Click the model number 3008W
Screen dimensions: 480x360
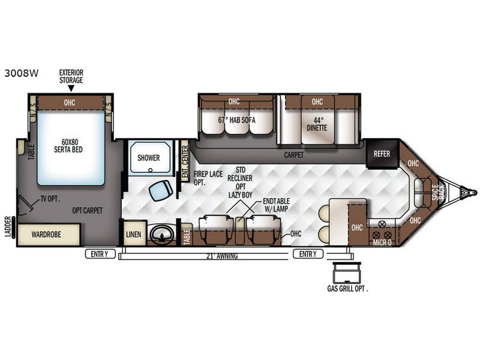22,73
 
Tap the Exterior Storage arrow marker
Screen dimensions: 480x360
71,88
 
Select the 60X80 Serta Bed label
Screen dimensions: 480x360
68,146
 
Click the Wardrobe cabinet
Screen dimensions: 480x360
49,235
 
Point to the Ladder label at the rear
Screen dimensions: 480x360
8,227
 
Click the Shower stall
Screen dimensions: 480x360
149,158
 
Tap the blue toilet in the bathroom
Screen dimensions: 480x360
161,190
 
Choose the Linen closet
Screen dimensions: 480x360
134,235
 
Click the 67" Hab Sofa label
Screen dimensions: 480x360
236,120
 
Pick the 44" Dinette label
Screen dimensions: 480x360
317,124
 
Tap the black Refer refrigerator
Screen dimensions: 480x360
382,154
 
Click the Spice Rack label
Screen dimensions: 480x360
438,192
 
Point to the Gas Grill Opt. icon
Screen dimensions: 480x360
347,272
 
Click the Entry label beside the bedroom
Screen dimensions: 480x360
100,254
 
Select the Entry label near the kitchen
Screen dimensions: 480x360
308,254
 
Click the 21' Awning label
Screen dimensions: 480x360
222,256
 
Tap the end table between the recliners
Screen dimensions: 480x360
240,230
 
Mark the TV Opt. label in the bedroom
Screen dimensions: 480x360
50,199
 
